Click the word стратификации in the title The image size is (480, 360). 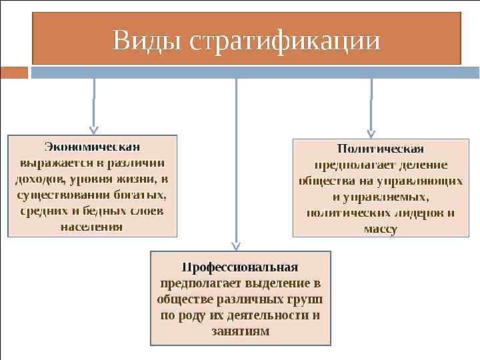pyautogui.click(x=285, y=41)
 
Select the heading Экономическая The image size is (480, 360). pyautogui.click(x=93, y=146)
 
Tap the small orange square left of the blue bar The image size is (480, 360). pyautogui.click(x=14, y=72)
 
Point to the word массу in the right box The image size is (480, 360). pyautogui.click(x=381, y=229)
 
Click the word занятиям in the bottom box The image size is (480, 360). pyautogui.click(x=241, y=331)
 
